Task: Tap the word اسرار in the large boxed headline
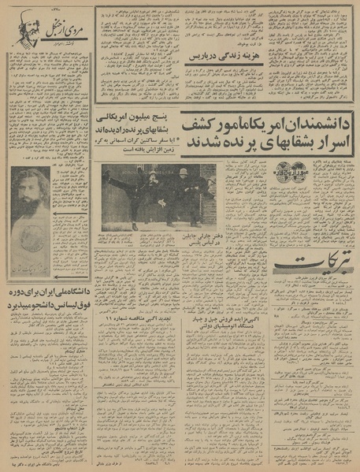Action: pos(331,143)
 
